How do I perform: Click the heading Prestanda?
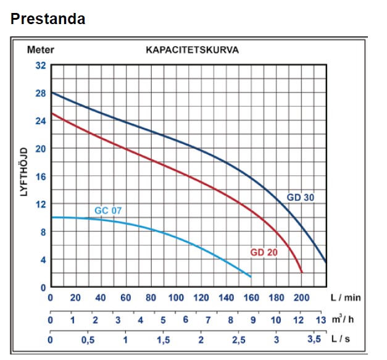click(48, 19)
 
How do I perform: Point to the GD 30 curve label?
click(301, 198)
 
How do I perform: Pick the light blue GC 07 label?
click(108, 211)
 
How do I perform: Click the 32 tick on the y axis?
click(41, 65)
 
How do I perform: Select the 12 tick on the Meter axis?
click(41, 204)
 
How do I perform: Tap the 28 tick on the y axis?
click(41, 93)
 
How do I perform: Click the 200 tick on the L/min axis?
click(301, 298)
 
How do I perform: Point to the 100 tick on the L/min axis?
click(176, 298)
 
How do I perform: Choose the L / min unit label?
click(346, 298)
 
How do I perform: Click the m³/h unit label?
click(346, 319)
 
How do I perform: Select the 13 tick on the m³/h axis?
click(321, 320)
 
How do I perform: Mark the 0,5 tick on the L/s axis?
click(88, 340)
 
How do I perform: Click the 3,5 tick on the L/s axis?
click(315, 340)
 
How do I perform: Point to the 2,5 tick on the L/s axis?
click(238, 340)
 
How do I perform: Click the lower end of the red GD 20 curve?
click(302, 272)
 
